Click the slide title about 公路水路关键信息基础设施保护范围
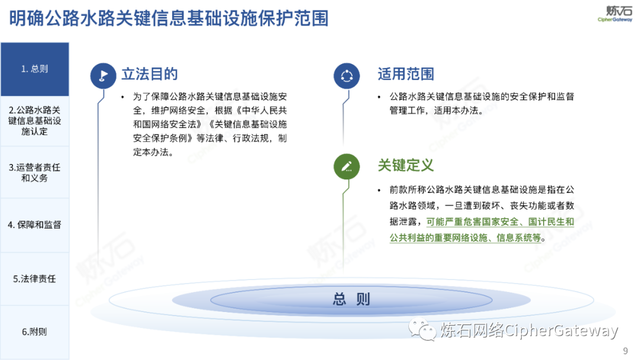pyautogui.click(x=169, y=18)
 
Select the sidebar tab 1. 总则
pyautogui.click(x=35, y=69)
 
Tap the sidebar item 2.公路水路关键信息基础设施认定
pyautogui.click(x=35, y=121)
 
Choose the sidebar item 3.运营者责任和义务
pyautogui.click(x=35, y=172)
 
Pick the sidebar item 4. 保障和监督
pyautogui.click(x=35, y=224)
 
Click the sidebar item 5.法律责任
pyautogui.click(x=35, y=279)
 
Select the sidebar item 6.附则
pyautogui.click(x=35, y=332)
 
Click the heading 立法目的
pyautogui.click(x=150, y=74)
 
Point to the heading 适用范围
pyautogui.click(x=405, y=74)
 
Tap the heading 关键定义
pyautogui.click(x=405, y=165)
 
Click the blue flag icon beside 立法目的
pyautogui.click(x=103, y=76)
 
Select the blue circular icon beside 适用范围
pyautogui.click(x=346, y=76)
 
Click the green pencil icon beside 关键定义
pyautogui.click(x=346, y=166)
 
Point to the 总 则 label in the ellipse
pyautogui.click(x=351, y=299)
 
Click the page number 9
pyautogui.click(x=625, y=351)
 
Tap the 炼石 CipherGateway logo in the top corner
pyautogui.click(x=615, y=14)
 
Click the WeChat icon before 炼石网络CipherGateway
pyautogui.click(x=422, y=329)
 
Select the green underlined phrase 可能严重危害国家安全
pyautogui.click(x=472, y=222)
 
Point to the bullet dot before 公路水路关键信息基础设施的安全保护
pyautogui.click(x=379, y=97)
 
